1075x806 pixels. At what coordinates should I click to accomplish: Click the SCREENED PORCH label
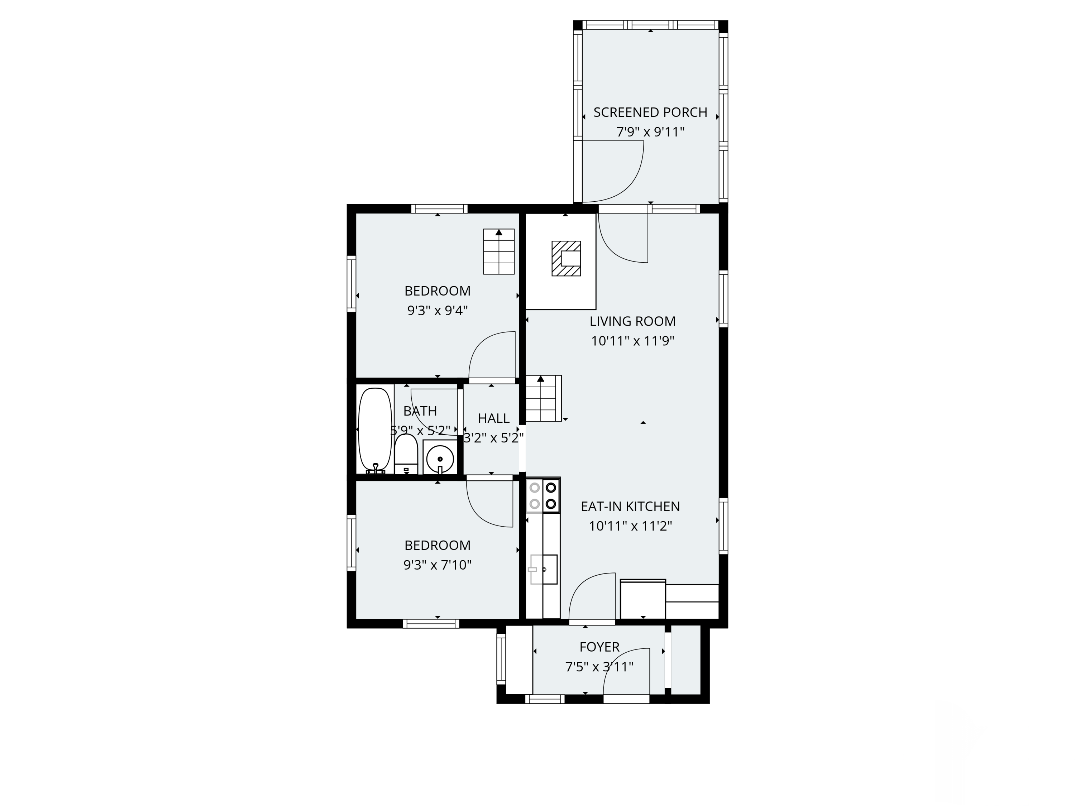click(x=650, y=112)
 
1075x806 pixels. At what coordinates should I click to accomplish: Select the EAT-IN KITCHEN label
click(x=630, y=506)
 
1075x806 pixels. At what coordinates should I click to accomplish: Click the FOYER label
click(x=599, y=647)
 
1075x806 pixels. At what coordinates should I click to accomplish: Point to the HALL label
click(x=493, y=418)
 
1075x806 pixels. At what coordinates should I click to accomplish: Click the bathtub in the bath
click(x=375, y=430)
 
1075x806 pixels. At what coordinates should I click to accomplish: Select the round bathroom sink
click(x=440, y=459)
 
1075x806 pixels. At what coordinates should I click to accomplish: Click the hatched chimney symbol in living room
click(x=566, y=259)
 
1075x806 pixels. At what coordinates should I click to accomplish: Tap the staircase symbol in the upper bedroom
click(x=499, y=252)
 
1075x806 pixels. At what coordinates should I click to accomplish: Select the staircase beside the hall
click(x=543, y=398)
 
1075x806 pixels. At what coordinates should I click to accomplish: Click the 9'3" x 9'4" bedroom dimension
click(x=438, y=311)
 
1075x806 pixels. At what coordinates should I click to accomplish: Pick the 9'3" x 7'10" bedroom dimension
click(x=438, y=565)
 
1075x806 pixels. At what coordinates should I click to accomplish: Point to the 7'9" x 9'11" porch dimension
click(x=650, y=132)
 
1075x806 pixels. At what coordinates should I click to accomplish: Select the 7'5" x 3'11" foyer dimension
click(x=599, y=667)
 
